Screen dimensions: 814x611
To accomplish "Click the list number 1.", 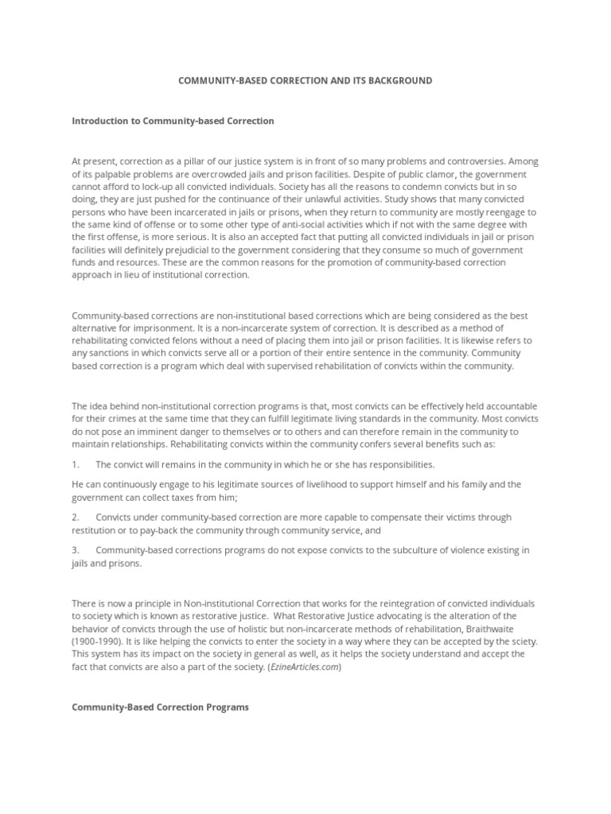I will (75, 464).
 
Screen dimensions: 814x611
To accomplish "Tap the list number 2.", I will (75, 517).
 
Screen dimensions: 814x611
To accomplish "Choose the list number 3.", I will (75, 550).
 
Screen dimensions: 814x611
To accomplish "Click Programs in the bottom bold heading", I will (227, 707).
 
